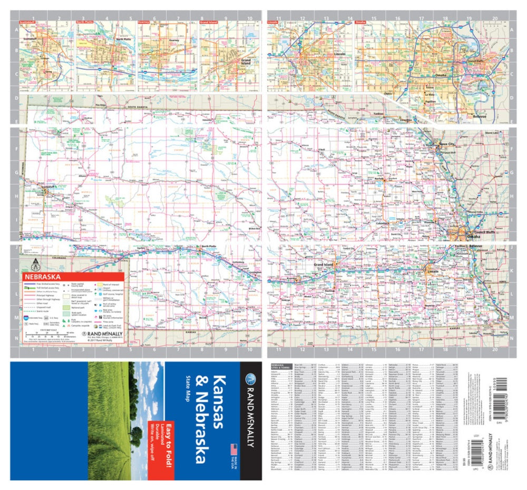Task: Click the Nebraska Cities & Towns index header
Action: tap(278, 366)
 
